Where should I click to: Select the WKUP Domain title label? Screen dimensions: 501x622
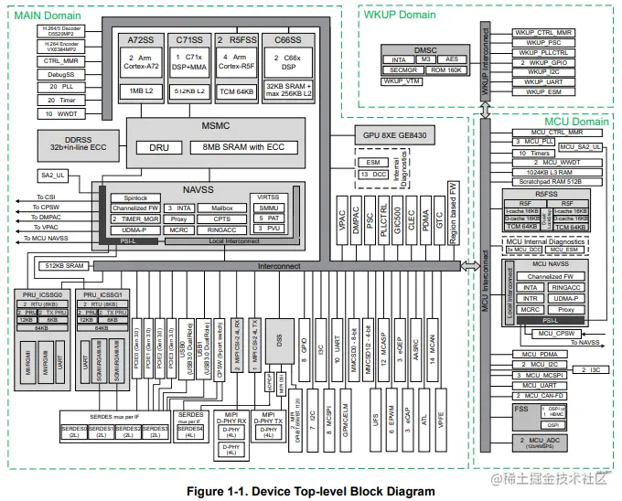(x=399, y=16)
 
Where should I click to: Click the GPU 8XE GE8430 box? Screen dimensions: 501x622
(x=395, y=135)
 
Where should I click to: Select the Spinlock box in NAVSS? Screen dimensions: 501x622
(x=129, y=197)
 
